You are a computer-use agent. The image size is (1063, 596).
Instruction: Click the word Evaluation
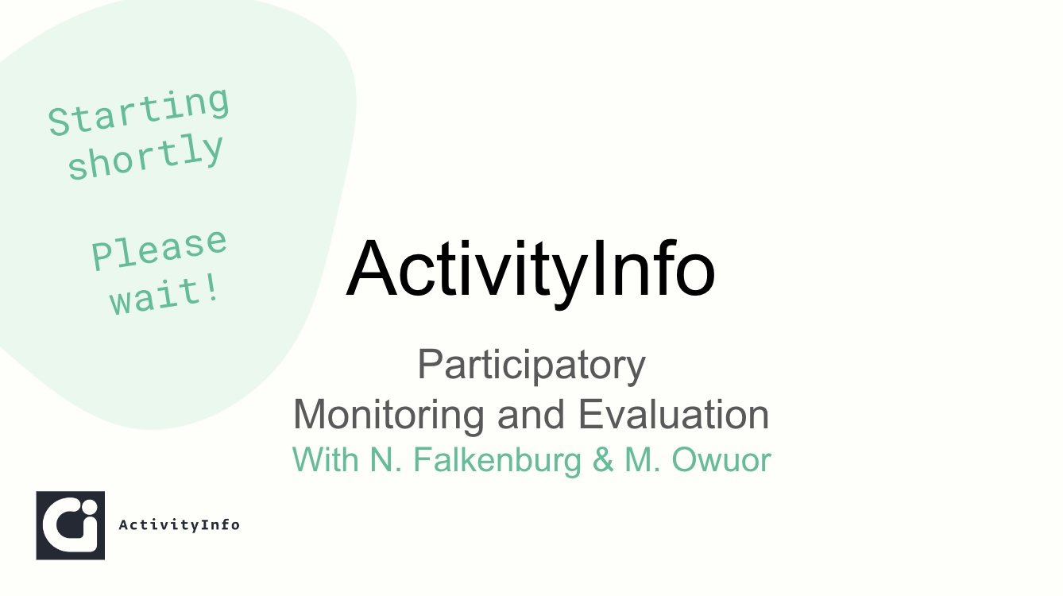click(674, 414)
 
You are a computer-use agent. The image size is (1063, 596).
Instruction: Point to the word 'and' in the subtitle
click(531, 414)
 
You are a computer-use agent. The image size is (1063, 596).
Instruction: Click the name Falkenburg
click(497, 460)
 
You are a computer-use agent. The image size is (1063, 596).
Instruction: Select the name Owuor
click(721, 460)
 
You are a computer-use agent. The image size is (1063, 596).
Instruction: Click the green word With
click(326, 459)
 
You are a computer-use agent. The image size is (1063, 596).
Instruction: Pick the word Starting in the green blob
click(138, 112)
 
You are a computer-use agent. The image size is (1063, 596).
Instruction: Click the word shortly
click(145, 157)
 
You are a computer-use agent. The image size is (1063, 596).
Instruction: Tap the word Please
click(159, 250)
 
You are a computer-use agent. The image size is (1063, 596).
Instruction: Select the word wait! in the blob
click(164, 296)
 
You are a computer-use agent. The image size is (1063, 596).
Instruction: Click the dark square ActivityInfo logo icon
click(70, 525)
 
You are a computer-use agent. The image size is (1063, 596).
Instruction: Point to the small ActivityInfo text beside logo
click(180, 524)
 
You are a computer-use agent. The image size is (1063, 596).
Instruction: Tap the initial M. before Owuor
click(643, 459)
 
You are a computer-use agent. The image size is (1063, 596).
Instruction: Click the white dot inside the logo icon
click(88, 507)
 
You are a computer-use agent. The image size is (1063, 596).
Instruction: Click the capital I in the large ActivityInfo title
click(599, 269)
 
